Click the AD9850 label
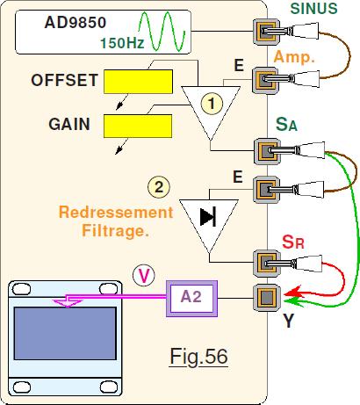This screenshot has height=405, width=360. point(76,23)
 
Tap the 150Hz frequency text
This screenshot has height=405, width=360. point(122,43)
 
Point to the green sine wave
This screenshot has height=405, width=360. point(162,31)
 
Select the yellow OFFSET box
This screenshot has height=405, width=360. point(138,82)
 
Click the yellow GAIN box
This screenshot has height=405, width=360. point(138,126)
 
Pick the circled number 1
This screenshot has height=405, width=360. point(212,104)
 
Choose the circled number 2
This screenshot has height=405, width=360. point(159,187)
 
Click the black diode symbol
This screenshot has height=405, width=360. point(208,217)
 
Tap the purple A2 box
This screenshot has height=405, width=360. point(191,299)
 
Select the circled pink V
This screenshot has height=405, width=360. point(143,276)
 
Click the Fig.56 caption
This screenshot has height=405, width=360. point(198,357)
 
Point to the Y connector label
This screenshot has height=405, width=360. point(288,321)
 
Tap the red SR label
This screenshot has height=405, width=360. point(293,242)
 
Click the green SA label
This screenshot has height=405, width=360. point(286,124)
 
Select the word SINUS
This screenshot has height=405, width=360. point(313,8)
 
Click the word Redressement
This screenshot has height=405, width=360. point(116,212)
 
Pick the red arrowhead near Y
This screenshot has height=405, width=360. point(293,292)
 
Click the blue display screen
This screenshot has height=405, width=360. point(65,333)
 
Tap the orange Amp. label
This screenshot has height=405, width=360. point(294,56)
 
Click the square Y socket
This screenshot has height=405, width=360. point(267,298)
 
